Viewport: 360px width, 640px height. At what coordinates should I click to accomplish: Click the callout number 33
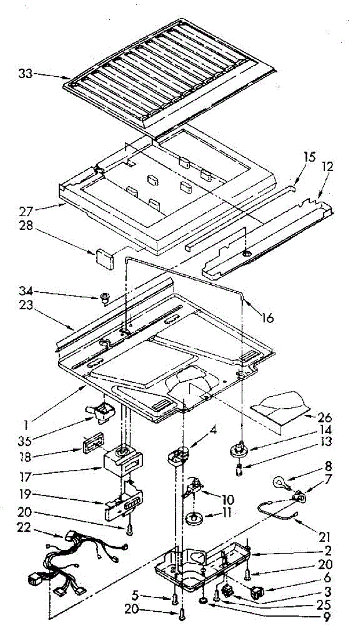25,74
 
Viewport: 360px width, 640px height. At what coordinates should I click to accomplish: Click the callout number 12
327,167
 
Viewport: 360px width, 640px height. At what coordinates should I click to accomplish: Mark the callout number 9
325,618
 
